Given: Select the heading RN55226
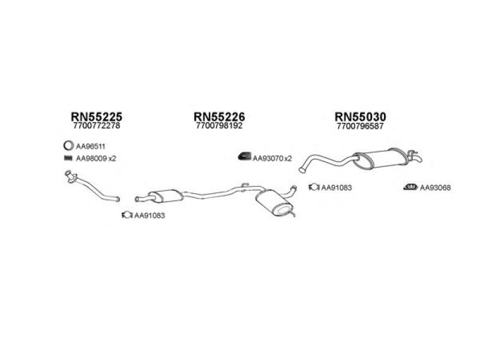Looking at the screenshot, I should pyautogui.click(x=220, y=116).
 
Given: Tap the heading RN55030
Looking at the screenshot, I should pyautogui.click(x=360, y=116).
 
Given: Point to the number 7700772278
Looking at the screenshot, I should pyautogui.click(x=96, y=126).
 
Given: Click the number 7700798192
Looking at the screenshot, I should pyautogui.click(x=220, y=126).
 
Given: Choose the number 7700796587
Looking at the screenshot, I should pyautogui.click(x=360, y=126).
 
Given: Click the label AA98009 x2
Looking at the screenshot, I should pyautogui.click(x=95, y=159).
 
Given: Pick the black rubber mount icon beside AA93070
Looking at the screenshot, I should pyautogui.click(x=244, y=158).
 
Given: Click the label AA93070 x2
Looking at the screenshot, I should pyautogui.click(x=272, y=158).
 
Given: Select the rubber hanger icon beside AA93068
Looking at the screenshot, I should pyautogui.click(x=410, y=187).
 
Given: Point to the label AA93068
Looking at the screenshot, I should pyautogui.click(x=435, y=188).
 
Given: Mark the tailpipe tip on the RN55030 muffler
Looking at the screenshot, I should pyautogui.click(x=416, y=158).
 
